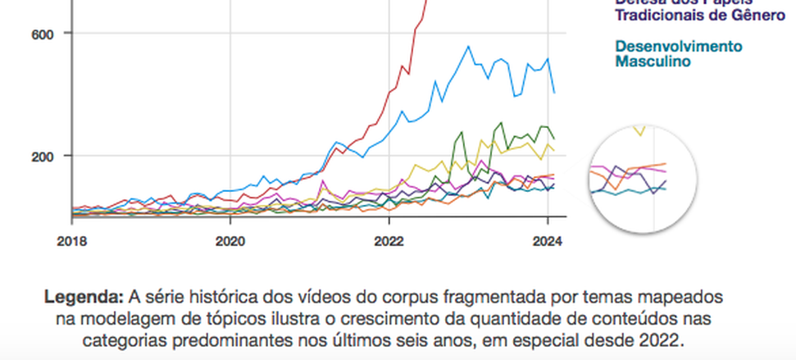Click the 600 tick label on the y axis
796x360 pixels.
tap(41, 33)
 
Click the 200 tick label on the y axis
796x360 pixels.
tap(41, 156)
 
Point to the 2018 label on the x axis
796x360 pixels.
tap(71, 242)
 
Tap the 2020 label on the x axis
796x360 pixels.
tap(230, 242)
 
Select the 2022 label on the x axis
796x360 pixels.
tap(389, 242)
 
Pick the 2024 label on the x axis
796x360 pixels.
tap(547, 242)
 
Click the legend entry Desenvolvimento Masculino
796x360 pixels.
tap(678, 53)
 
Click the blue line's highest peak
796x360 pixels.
tap(468, 47)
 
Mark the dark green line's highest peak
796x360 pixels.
tap(501, 122)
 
